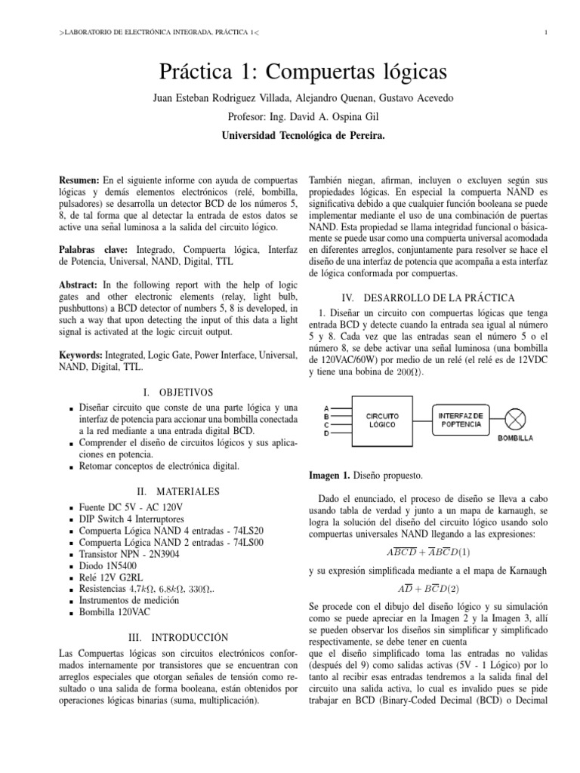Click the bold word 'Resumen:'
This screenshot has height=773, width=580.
[x=79, y=183]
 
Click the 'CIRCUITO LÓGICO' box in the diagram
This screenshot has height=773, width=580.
[x=382, y=420]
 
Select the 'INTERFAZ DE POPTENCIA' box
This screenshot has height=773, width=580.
[x=461, y=418]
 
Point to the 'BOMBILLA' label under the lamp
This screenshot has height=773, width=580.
[x=515, y=438]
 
